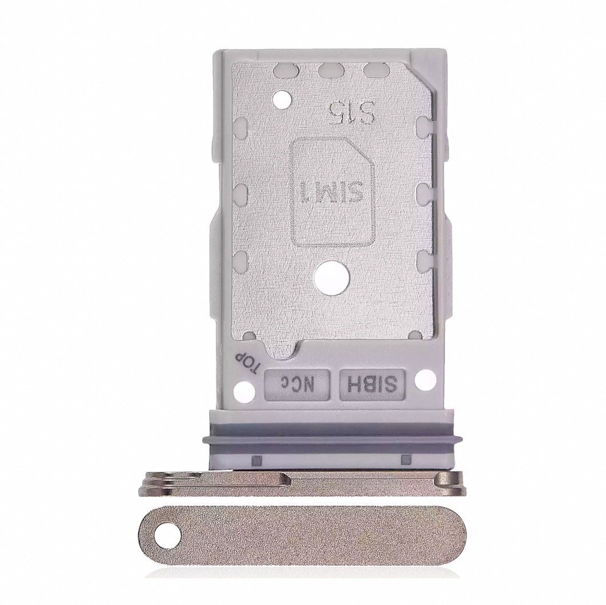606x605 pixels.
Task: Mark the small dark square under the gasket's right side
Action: pyautogui.click(x=406, y=458)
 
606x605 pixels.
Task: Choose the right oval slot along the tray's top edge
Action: pyautogui.click(x=375, y=70)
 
